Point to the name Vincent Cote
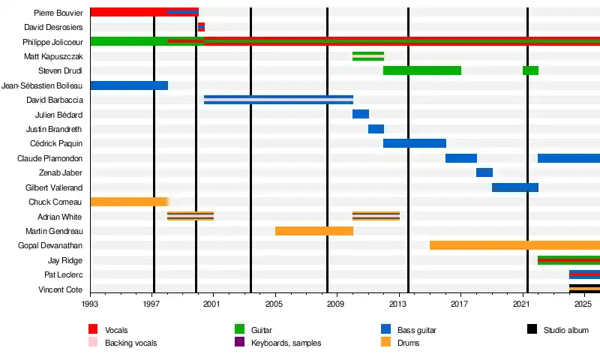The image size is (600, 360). [61, 289]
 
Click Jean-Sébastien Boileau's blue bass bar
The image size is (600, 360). [129, 85]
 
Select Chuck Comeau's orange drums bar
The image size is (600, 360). [128, 202]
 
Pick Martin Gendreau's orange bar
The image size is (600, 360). [313, 231]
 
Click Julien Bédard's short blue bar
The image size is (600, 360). [361, 114]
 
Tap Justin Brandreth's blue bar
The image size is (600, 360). [376, 129]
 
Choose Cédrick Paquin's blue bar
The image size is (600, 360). [415, 143]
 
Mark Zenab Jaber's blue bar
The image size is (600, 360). [484, 172]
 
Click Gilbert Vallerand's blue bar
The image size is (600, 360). [515, 187]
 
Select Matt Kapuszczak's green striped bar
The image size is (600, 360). [368, 56]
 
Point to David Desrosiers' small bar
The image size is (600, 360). [201, 27]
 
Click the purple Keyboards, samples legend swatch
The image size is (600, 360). [240, 343]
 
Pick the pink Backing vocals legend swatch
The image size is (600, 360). [94, 343]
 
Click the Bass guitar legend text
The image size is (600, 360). [416, 330]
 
